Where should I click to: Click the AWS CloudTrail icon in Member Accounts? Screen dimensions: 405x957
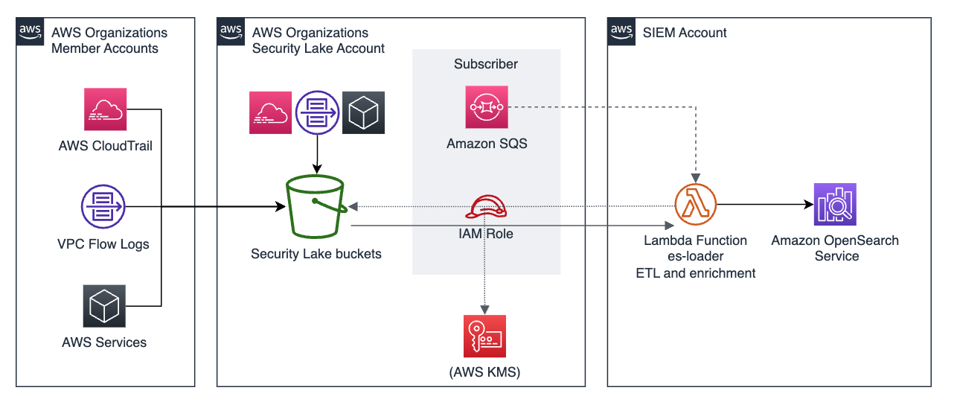click(105, 109)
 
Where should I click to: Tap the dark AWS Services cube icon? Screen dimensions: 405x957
click(104, 306)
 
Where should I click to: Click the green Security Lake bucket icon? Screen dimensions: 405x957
click(316, 206)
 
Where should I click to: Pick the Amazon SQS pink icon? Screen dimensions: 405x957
click(487, 107)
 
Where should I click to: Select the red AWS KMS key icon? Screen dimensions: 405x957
click(484, 336)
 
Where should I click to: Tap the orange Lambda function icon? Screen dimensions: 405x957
click(695, 205)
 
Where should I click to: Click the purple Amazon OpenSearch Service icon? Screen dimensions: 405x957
click(835, 204)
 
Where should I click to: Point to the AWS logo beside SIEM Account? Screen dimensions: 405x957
click(621, 31)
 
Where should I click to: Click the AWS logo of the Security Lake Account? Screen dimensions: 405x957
click(231, 31)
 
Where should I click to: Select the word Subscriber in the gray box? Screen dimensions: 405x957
click(486, 64)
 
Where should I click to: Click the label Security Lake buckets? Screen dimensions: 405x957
click(316, 254)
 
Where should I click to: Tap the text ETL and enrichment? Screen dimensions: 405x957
click(695, 273)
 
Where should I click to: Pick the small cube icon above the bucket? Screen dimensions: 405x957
click(363, 112)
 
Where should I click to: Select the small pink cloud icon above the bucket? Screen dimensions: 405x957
click(269, 112)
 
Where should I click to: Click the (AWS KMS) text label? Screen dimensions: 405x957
click(484, 373)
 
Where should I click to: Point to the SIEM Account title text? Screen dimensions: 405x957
click(685, 33)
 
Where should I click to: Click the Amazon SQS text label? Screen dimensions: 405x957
click(487, 144)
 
